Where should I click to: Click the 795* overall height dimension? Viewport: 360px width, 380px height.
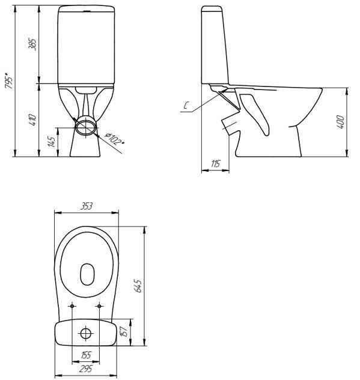pyautogui.click(x=8, y=80)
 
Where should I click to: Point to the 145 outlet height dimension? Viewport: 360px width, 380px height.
pyautogui.click(x=52, y=142)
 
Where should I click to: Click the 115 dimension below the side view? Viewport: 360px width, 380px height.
pyautogui.click(x=215, y=164)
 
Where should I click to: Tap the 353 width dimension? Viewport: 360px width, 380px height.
pyautogui.click(x=86, y=207)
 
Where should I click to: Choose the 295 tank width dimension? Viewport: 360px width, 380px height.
pyautogui.click(x=86, y=368)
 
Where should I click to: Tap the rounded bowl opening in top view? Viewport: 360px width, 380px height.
pyautogui.click(x=87, y=274)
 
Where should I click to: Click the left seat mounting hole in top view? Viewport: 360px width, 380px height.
pyautogui.click(x=73, y=306)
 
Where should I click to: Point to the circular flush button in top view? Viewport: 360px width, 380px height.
pyautogui.click(x=86, y=332)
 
